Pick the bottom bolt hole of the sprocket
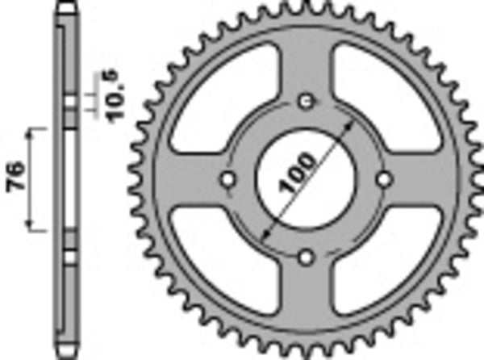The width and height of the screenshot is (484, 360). [x=306, y=257]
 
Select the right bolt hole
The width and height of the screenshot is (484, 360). [x=384, y=178]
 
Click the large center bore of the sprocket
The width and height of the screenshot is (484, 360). [x=306, y=178]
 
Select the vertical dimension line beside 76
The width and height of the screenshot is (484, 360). [x=33, y=177]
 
